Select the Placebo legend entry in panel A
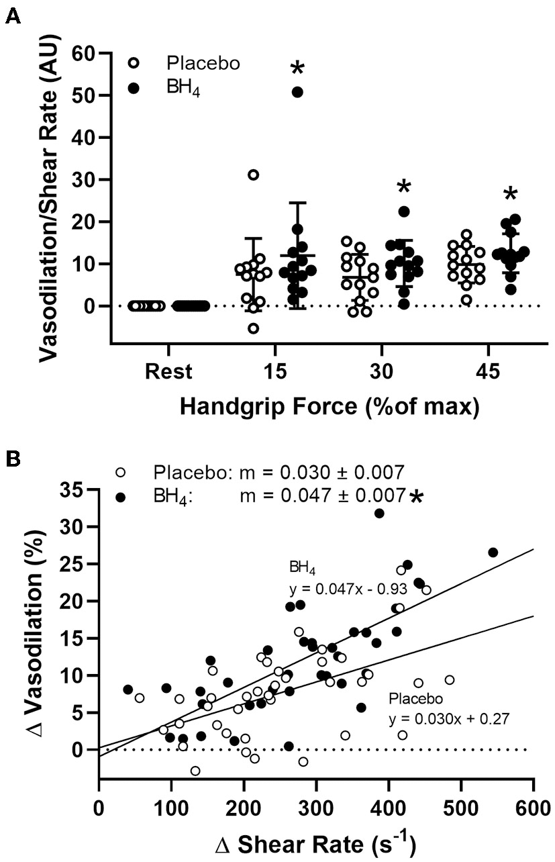point(203,64)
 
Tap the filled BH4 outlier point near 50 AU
point(297,92)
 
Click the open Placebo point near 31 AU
point(254,175)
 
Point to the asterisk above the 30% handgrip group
point(403,187)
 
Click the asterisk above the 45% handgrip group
point(510,195)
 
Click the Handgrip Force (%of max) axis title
point(330,407)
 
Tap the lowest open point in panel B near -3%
point(195,771)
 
